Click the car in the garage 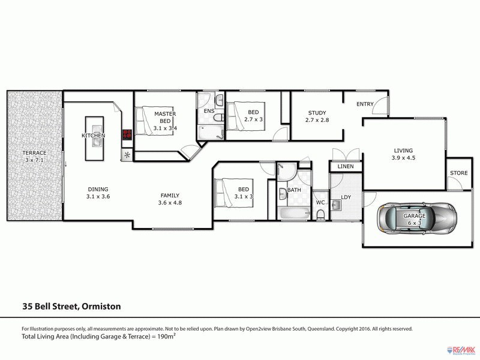click(415, 219)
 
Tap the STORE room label click(458, 173)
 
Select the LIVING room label click(403, 151)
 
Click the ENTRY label click(365, 104)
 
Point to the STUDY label click(317, 113)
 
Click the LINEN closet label click(346, 166)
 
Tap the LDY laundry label click(346, 196)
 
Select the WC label click(320, 202)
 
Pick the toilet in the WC click(320, 215)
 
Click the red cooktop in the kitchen click(127, 136)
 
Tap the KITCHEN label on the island click(94, 136)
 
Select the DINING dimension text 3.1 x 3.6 click(98, 196)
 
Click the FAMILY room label click(169, 195)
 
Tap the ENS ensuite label click(209, 111)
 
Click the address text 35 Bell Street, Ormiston click(71, 307)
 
